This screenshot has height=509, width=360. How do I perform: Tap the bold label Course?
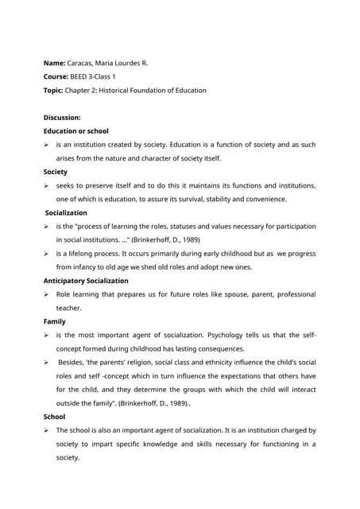[59, 76]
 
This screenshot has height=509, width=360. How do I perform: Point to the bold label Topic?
[56, 91]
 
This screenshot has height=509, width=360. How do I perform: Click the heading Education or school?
[76, 130]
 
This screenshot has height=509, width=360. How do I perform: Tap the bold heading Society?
[56, 172]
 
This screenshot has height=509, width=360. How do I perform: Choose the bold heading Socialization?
[67, 213]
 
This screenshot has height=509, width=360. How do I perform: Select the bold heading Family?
[55, 322]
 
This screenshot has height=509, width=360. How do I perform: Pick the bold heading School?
[55, 416]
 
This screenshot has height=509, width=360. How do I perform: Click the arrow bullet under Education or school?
[48, 145]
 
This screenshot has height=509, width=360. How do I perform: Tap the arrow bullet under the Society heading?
[48, 186]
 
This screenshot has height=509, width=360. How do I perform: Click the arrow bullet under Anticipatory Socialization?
[48, 295]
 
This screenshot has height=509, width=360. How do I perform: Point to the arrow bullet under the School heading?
[48, 430]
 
